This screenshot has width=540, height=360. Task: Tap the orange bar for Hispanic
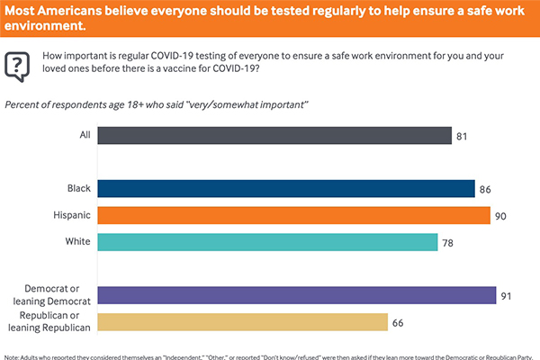[x=292, y=215]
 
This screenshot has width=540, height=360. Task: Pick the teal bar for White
[x=266, y=242]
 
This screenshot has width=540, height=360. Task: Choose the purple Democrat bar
[x=296, y=295]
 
